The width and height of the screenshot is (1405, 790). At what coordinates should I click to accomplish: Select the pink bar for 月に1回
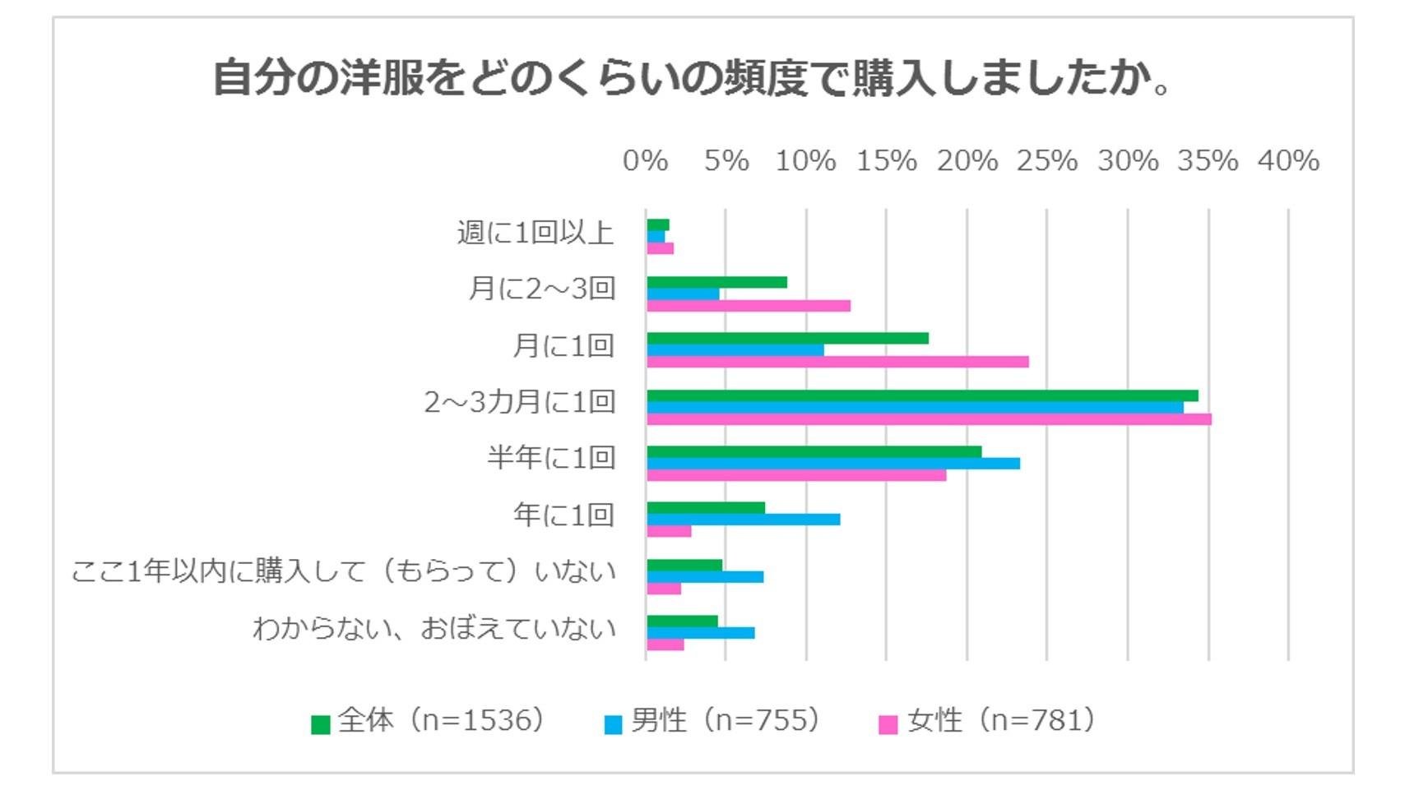[837, 362]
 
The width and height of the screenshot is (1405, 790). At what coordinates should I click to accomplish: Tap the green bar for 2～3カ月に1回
[922, 395]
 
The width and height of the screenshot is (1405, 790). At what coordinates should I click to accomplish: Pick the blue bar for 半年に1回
[833, 464]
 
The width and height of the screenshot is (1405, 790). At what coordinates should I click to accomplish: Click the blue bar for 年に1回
[744, 520]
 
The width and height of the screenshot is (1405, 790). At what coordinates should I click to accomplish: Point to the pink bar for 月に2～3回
[749, 306]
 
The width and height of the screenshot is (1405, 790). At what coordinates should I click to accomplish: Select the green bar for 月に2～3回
[716, 283]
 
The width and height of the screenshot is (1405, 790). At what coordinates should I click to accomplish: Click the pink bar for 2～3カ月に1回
[929, 419]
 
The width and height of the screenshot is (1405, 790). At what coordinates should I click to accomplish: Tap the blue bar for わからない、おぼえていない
[701, 633]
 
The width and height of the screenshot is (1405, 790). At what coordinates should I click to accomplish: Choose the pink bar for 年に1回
[669, 532]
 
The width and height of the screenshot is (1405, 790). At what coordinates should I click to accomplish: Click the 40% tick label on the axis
[1288, 160]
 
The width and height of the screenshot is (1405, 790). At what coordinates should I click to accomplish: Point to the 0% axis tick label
[645, 160]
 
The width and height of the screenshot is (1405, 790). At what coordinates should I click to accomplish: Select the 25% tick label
[1046, 160]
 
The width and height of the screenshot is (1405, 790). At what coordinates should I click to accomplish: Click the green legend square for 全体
[321, 724]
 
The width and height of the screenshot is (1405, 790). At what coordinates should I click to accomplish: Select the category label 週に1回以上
[536, 233]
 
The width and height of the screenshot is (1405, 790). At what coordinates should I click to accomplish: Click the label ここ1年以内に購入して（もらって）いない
[343, 571]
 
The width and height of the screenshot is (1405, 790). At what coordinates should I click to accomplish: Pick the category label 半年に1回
[550, 457]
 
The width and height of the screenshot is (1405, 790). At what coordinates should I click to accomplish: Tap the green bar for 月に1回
[787, 339]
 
